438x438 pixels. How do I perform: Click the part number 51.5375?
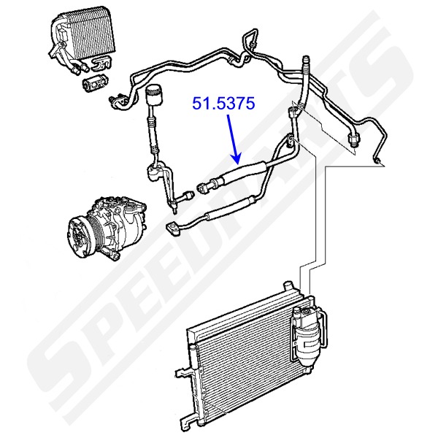pos(223,104)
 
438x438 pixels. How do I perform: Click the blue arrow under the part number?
pos(233,139)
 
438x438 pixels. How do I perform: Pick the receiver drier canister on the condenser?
pos(307,332)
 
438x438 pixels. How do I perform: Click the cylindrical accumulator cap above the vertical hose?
pos(153,95)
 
